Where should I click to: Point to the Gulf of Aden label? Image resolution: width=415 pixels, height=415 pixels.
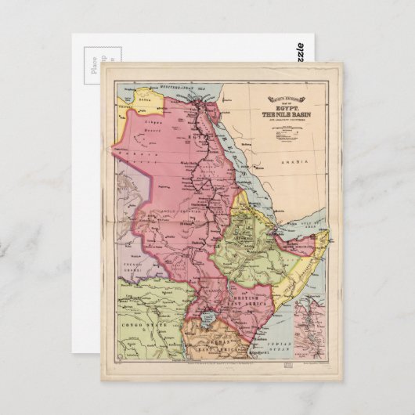[x=311, y=226]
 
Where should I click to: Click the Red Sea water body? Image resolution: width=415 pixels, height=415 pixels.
[x=251, y=164]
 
